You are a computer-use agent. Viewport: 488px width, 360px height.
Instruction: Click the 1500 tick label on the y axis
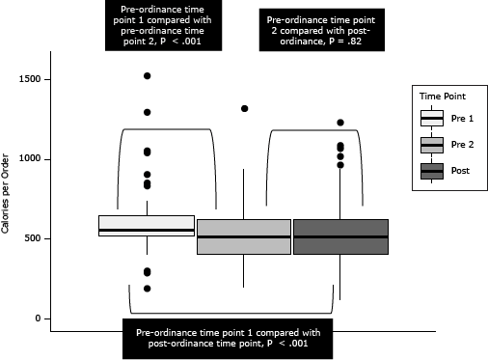click(30, 79)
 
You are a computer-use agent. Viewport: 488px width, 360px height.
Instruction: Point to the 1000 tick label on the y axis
click(30, 158)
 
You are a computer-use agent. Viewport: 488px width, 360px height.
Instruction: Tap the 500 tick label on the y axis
click(32, 238)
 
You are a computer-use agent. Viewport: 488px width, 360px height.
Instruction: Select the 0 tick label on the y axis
click(38, 318)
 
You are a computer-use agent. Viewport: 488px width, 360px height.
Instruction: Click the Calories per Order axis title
click(5, 194)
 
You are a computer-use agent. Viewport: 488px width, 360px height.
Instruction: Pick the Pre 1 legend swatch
click(432, 119)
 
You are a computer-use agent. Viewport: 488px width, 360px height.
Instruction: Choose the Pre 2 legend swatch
click(432, 145)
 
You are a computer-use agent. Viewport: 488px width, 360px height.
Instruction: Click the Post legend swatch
click(432, 171)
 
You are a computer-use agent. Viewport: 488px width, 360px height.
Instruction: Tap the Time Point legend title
click(443, 97)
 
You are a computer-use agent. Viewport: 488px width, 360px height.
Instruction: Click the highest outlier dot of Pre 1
click(148, 76)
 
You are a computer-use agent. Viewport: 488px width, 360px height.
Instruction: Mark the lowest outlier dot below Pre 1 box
click(148, 289)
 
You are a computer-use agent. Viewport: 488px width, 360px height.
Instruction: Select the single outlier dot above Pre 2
click(244, 108)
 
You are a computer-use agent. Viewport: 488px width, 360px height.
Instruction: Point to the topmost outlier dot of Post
click(340, 123)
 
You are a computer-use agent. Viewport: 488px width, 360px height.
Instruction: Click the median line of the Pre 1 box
click(147, 231)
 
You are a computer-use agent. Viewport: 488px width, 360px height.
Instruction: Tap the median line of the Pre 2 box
click(244, 237)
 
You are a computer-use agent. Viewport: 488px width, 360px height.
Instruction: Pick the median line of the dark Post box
click(340, 237)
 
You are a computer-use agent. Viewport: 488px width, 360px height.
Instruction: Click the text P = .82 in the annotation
click(345, 42)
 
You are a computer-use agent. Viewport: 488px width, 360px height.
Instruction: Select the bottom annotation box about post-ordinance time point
click(228, 339)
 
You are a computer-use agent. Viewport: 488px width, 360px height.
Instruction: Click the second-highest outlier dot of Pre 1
click(148, 112)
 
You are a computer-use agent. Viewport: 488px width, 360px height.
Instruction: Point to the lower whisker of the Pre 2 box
click(243, 271)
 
